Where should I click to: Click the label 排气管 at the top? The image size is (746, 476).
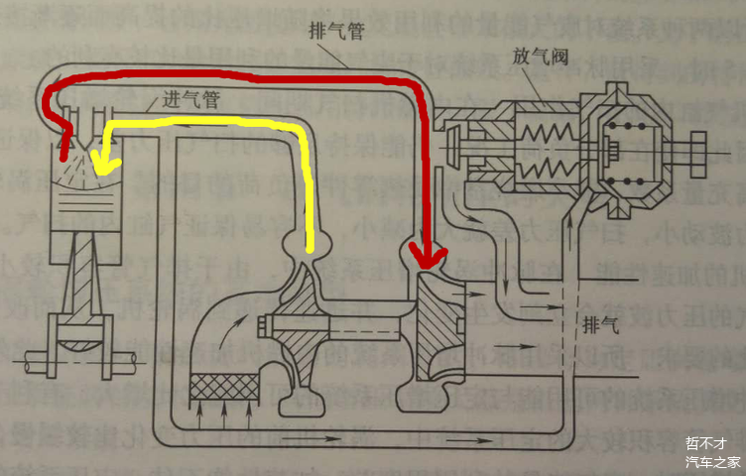(x=337, y=34)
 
